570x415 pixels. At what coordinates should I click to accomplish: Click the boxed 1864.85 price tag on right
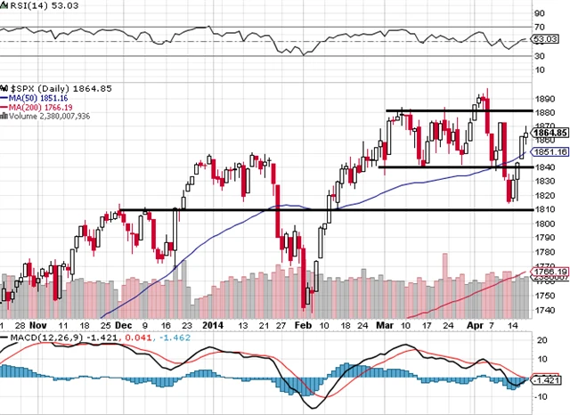pos(550,133)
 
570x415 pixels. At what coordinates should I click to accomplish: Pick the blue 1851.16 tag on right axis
pos(550,152)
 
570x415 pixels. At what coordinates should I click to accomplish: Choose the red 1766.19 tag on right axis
pos(550,270)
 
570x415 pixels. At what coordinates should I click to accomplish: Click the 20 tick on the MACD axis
pos(539,339)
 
